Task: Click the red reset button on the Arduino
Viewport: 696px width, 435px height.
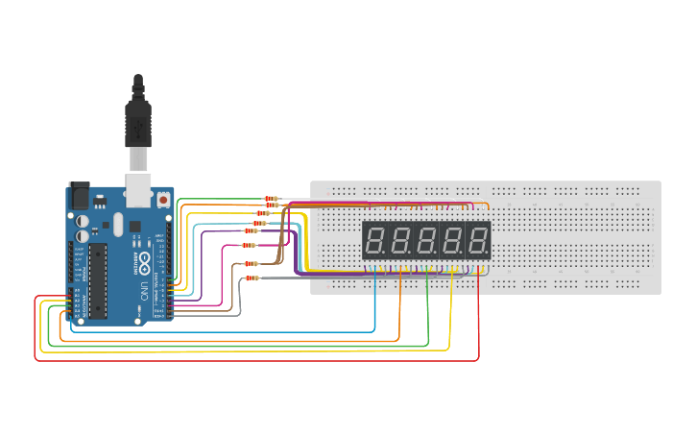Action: pos(164,201)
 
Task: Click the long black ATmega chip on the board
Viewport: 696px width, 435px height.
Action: pos(97,279)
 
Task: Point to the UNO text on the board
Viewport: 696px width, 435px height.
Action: pos(142,289)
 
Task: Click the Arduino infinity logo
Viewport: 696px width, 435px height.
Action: pos(142,262)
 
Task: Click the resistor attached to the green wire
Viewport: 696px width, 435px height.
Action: pos(271,199)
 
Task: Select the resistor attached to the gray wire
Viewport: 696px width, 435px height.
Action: pos(252,278)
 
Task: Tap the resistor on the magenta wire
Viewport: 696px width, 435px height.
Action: pos(251,247)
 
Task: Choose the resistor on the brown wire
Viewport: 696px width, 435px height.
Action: pos(250,263)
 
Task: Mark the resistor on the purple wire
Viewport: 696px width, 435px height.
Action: pos(252,230)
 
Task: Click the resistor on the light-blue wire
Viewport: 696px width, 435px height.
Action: pos(259,223)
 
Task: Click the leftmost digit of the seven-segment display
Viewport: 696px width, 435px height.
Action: pos(375,240)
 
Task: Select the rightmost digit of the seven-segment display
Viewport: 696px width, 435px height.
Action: pos(477,240)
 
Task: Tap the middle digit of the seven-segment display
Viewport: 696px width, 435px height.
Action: pos(426,240)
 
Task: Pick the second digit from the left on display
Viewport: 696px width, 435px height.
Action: pos(400,240)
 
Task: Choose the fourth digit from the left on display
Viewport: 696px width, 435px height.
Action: pos(451,240)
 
